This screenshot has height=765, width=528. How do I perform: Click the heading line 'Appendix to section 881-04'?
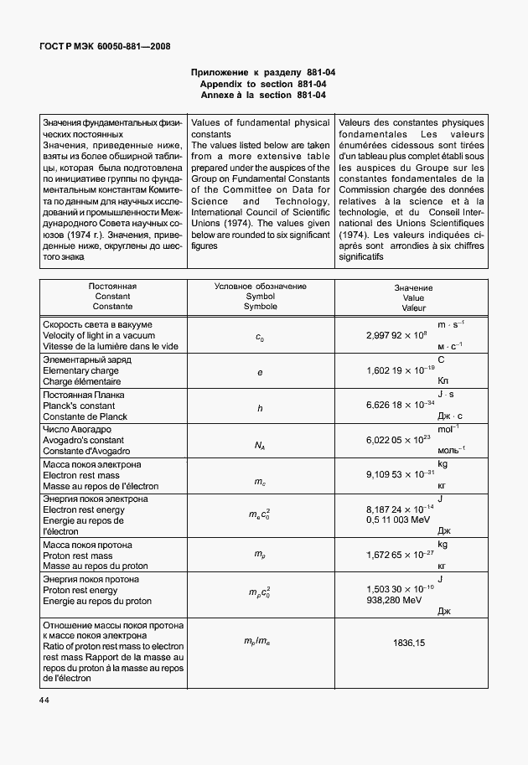click(x=263, y=85)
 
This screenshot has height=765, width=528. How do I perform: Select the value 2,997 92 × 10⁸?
click(x=397, y=335)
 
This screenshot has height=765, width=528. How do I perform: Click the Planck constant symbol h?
click(x=260, y=408)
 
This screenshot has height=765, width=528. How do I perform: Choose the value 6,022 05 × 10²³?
click(x=398, y=440)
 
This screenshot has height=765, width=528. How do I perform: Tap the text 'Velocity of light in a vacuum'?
click(x=95, y=335)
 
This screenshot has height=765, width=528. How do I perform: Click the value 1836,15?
click(x=408, y=643)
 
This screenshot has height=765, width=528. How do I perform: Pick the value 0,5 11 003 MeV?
click(x=400, y=519)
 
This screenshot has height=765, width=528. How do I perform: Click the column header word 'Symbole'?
click(x=260, y=307)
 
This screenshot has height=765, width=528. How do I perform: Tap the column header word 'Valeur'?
click(x=413, y=308)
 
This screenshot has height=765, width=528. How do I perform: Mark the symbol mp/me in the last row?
click(x=260, y=642)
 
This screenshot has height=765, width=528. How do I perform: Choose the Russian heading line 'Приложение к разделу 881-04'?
click(x=263, y=74)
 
